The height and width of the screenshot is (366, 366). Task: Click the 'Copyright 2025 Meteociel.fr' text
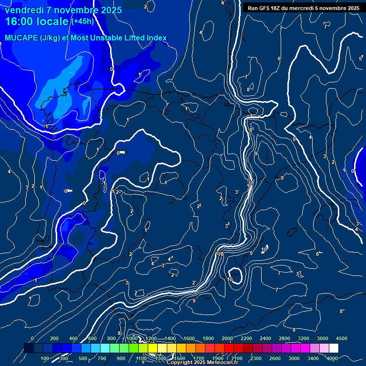tap(203, 363)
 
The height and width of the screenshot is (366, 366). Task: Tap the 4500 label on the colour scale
tap(341, 338)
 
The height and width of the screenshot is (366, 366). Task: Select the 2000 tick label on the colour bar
tap(227, 338)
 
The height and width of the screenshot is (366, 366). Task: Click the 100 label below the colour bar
tap(45, 358)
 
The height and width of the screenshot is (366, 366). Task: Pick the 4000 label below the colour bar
tap(332, 358)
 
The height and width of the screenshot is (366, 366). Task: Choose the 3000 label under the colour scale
tap(294, 358)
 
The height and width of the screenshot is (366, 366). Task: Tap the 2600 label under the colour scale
tap(275, 358)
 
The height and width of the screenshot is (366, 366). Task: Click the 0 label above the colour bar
tap(32, 338)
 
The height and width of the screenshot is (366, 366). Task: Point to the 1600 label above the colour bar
tap(189, 338)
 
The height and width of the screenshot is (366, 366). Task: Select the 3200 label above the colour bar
tap(304, 338)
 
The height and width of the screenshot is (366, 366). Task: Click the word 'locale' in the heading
tap(54, 22)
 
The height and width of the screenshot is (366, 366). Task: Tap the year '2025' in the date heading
tap(110, 10)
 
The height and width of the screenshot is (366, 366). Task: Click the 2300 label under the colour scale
tap(256, 358)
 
